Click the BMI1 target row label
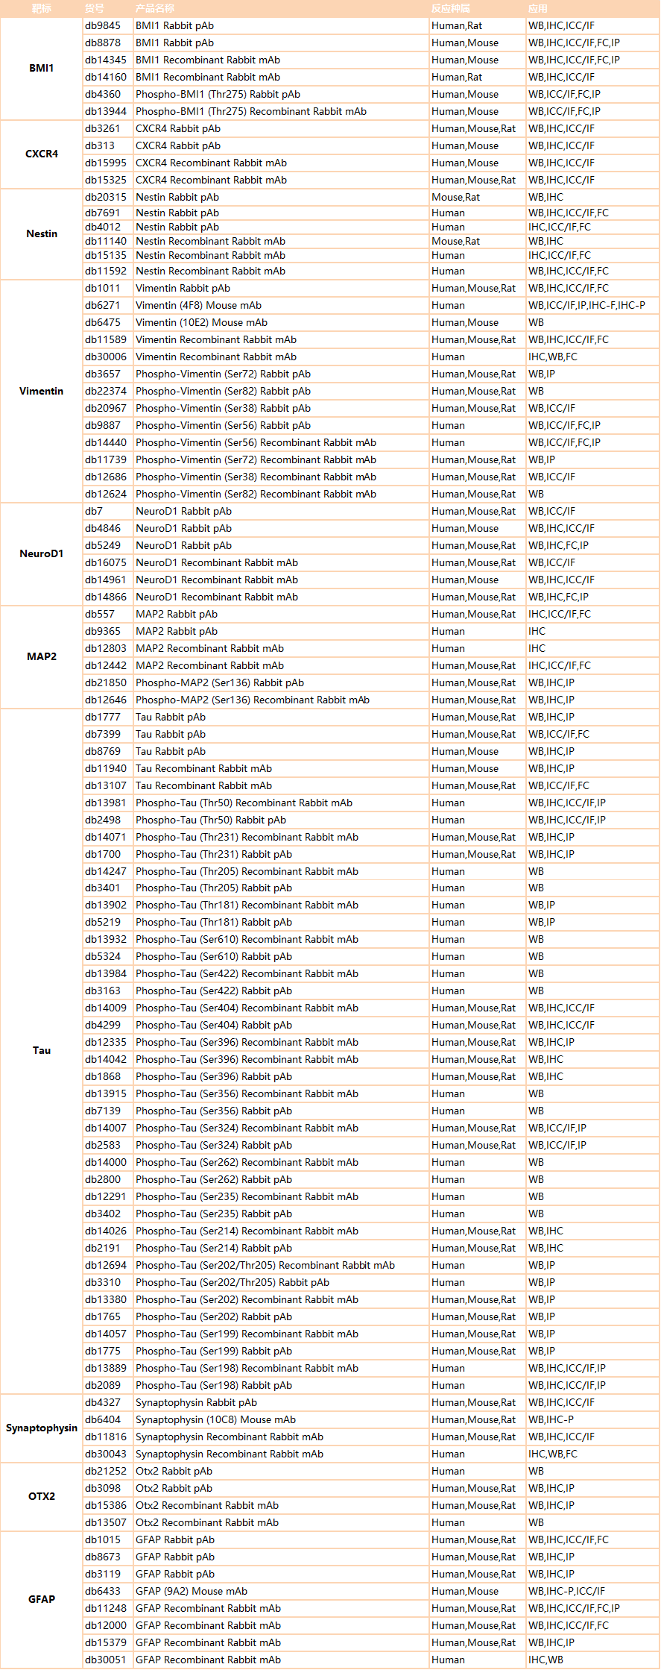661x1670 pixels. [x=42, y=68]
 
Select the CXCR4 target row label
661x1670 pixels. [x=42, y=154]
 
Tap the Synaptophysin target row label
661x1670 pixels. [x=42, y=1428]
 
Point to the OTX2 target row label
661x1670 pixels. [x=42, y=1496]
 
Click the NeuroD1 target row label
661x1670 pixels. [x=42, y=553]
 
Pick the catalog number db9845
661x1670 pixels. [x=103, y=25]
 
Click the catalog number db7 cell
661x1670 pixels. [x=94, y=511]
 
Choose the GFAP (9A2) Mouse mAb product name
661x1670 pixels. [x=192, y=1591]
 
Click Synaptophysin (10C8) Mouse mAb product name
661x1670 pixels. [x=215, y=1419]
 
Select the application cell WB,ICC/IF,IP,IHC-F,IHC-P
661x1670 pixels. [x=586, y=305]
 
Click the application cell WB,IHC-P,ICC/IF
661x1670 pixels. [x=566, y=1591]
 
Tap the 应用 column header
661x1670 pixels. [x=538, y=8]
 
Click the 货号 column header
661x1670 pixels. [x=95, y=8]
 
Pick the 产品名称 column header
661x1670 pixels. [x=155, y=8]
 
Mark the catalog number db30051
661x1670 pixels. [x=106, y=1660]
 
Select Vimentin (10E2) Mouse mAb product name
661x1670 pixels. [x=201, y=322]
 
